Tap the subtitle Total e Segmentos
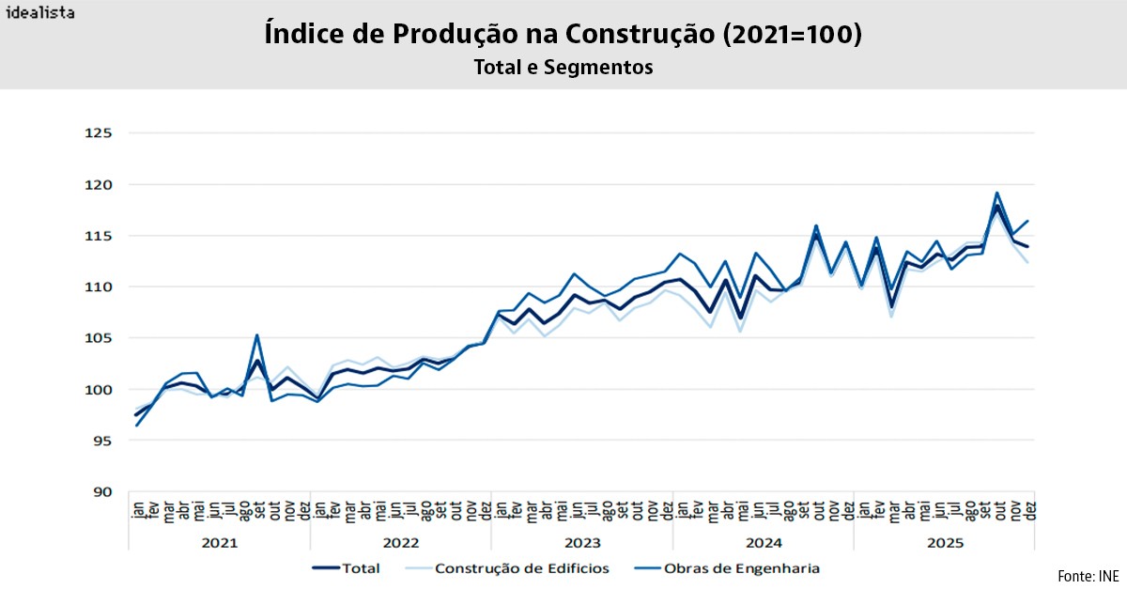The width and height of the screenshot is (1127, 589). [563, 68]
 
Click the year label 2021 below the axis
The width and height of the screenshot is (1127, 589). [219, 543]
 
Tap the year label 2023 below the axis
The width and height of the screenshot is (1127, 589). [582, 543]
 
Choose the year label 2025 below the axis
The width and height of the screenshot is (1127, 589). [945, 543]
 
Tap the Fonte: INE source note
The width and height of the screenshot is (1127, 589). [1087, 575]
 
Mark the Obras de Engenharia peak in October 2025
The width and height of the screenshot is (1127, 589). [996, 193]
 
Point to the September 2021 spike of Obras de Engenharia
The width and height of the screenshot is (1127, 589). [256, 335]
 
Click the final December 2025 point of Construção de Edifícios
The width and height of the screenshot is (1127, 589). [1027, 262]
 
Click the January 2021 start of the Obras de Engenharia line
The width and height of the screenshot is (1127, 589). [137, 426]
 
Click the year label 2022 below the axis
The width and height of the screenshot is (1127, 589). [401, 543]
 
